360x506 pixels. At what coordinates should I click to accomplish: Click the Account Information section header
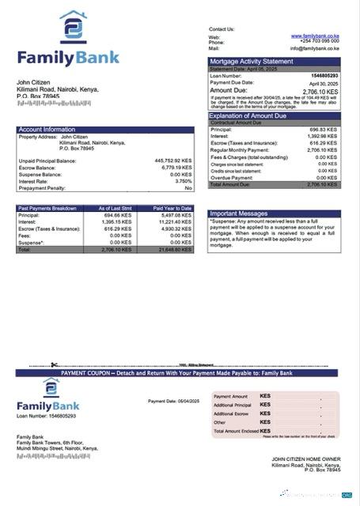(47, 129)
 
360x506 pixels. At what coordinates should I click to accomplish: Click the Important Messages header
(239, 213)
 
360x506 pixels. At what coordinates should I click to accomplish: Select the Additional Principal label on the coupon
(233, 405)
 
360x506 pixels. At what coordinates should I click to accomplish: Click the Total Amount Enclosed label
(236, 431)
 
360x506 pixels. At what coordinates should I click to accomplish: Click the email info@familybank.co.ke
(314, 47)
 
